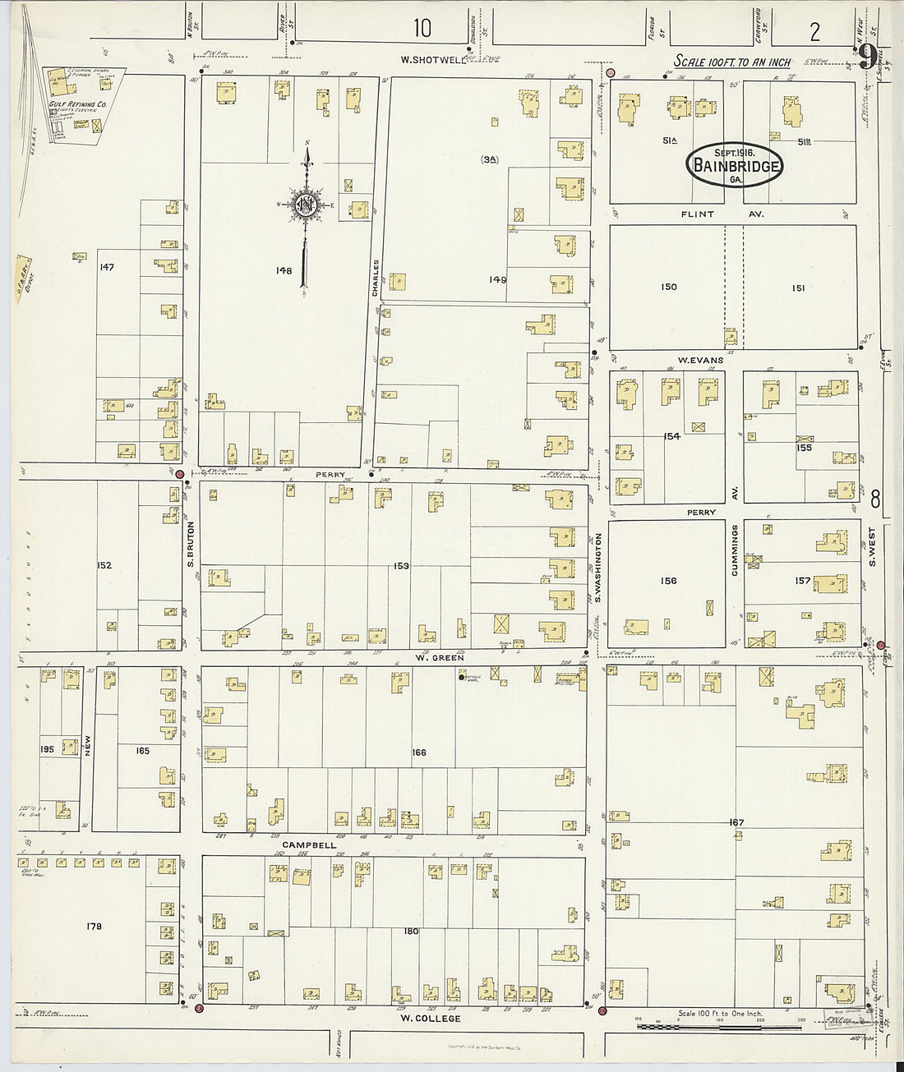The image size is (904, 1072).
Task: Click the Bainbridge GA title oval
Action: coord(734,163)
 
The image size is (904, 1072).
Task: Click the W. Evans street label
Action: coord(699,360)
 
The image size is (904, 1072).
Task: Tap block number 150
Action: coord(669,287)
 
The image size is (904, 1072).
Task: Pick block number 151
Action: coord(797,288)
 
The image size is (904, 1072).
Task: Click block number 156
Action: coord(668,581)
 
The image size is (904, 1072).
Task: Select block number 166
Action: coord(419,752)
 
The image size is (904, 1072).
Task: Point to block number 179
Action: coord(93,927)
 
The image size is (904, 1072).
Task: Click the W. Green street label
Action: coord(440,657)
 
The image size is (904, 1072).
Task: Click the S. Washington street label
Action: coord(599,567)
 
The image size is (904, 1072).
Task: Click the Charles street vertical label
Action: coord(376,279)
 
